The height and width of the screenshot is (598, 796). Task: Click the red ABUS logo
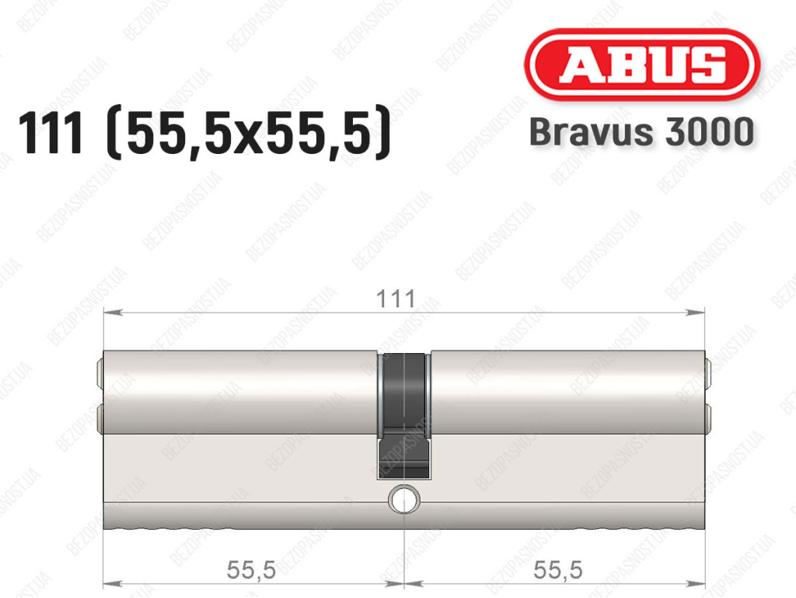[x=641, y=65]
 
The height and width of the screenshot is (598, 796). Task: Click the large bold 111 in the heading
[x=50, y=133]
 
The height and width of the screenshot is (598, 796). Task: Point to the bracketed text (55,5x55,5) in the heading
[x=250, y=134]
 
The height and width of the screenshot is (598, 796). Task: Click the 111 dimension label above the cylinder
[x=396, y=299]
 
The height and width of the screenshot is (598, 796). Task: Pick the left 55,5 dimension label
[x=251, y=569]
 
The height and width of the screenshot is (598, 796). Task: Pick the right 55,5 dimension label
[x=557, y=569]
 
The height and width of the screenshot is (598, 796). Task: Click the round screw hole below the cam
[x=404, y=499]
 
